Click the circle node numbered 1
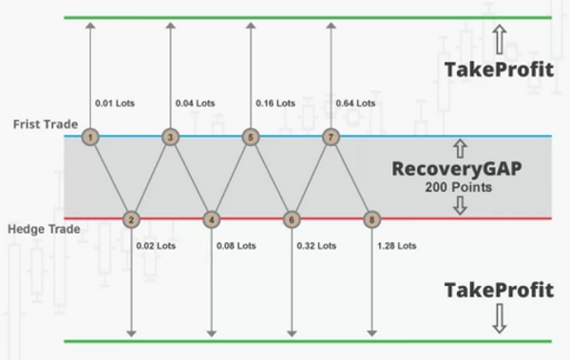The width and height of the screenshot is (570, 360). coord(89,138)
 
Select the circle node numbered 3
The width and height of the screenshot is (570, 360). coord(170,138)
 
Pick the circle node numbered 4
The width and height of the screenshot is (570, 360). coord(212,219)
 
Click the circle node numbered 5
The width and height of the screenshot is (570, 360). coord(251,138)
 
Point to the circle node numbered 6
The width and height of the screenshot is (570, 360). coord(292,219)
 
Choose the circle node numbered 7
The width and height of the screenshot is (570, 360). coord(331,138)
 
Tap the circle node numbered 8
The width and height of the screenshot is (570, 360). coord(371,219)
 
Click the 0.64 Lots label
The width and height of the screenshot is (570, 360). coord(356,102)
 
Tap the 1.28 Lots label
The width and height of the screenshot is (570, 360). coord(397,246)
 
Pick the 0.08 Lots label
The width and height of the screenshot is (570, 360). coord(237,246)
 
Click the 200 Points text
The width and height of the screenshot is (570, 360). coord(459,189)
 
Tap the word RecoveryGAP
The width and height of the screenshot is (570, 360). coord(460,170)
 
